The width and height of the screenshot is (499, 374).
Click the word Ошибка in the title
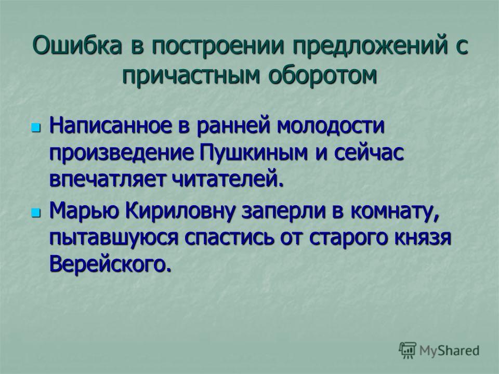pos(77,45)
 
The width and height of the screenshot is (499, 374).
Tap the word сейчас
pos(369,153)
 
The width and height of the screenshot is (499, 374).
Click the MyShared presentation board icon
pos(407,350)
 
